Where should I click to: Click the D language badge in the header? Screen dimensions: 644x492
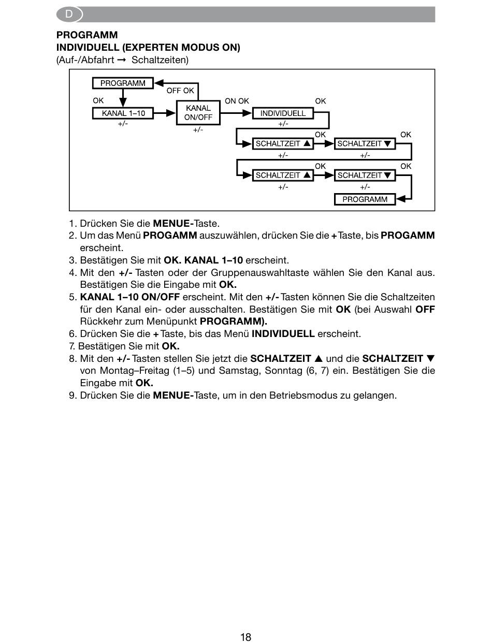coord(69,14)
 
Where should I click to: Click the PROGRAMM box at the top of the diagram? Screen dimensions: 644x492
coord(123,83)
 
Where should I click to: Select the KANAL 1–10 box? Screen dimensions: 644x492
coord(123,113)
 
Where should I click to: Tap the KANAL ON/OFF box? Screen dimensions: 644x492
coord(198,113)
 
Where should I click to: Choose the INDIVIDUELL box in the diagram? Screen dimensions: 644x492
coord(283,113)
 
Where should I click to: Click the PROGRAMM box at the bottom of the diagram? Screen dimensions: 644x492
coord(365,199)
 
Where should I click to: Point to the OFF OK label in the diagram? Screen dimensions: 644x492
coord(180,91)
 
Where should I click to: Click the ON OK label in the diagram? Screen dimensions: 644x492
coord(237,101)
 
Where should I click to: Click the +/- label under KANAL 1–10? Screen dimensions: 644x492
coord(123,124)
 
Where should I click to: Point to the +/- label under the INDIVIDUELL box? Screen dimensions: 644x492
coord(283,124)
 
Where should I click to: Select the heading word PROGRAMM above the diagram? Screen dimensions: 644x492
coord(87,35)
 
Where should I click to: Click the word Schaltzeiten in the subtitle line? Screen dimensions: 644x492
coord(160,60)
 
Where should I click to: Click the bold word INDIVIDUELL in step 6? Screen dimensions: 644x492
coord(283,334)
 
